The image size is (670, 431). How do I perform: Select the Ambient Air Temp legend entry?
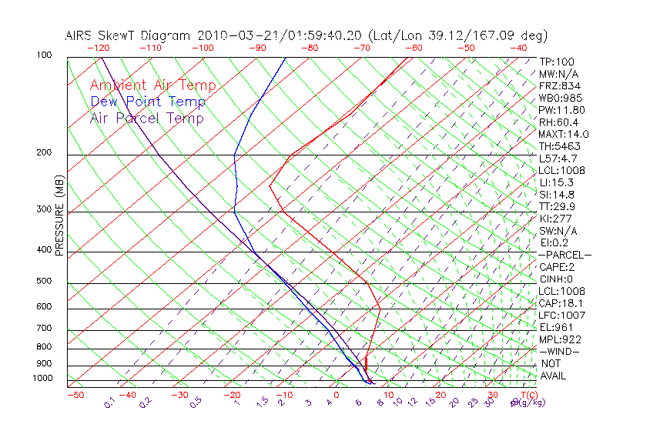(x=152, y=85)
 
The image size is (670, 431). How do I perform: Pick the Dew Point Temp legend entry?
(x=147, y=102)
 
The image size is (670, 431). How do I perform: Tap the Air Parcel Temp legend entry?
(x=146, y=118)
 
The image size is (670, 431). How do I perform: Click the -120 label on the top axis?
(x=98, y=48)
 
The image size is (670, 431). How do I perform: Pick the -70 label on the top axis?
(x=360, y=48)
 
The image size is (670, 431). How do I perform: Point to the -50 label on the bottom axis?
(x=75, y=395)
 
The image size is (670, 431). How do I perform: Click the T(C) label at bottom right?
(x=528, y=395)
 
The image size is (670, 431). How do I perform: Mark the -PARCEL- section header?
(x=564, y=255)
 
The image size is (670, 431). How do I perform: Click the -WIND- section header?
(x=560, y=351)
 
